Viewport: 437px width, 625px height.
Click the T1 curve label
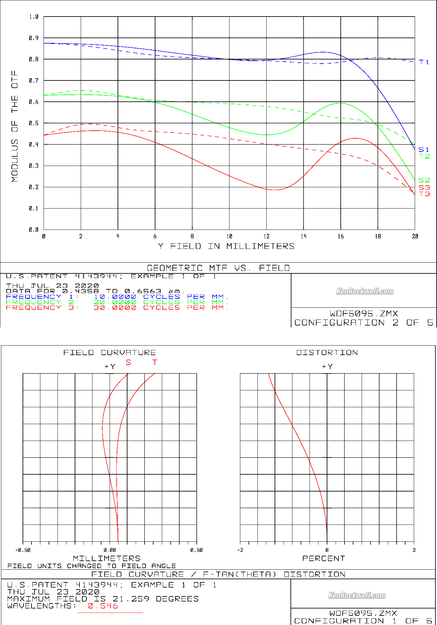tap(424, 62)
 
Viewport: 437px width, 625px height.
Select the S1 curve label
tap(424, 149)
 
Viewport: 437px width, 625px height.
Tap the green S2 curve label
tap(424, 180)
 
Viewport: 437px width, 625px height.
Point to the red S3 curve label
tap(424, 188)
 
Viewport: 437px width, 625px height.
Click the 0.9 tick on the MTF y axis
tap(34, 38)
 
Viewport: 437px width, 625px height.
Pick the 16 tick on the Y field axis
tap(341, 236)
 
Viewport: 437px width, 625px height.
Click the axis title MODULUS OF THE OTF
tap(15, 126)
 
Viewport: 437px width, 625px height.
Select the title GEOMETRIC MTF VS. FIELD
tap(218, 268)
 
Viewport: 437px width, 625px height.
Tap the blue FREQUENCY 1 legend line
tap(117, 297)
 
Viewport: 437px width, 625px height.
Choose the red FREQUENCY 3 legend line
tap(117, 307)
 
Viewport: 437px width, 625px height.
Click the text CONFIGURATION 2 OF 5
tap(364, 323)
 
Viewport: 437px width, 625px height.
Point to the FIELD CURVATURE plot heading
tap(110, 353)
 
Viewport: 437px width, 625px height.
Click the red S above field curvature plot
tap(128, 362)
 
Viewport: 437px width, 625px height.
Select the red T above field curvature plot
tap(155, 362)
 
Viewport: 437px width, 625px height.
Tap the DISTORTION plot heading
tap(327, 353)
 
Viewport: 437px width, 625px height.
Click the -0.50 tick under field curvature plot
tap(23, 550)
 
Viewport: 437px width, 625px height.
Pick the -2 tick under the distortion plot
tap(240, 550)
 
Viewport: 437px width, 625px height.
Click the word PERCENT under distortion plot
tap(324, 559)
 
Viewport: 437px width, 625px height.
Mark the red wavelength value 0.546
tap(103, 606)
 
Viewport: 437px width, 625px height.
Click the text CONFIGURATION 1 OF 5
tap(363, 621)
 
